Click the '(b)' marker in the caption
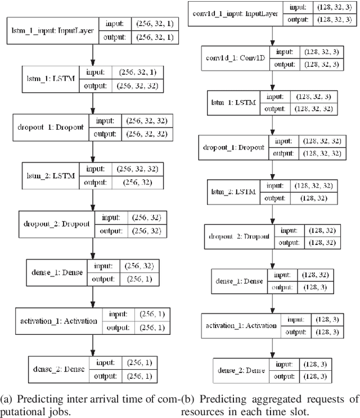(188, 399)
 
